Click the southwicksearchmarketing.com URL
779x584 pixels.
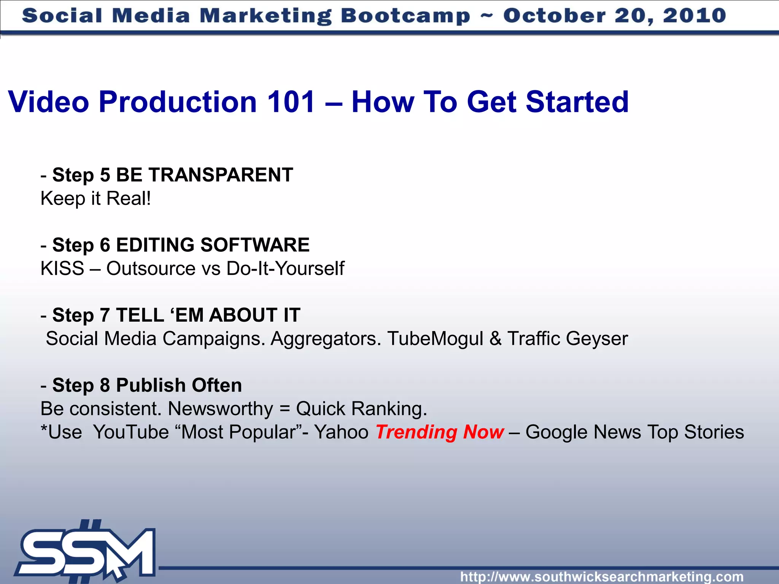click(602, 576)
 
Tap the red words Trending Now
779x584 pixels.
click(440, 432)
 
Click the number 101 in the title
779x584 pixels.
click(291, 102)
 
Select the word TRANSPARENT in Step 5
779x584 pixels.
click(221, 175)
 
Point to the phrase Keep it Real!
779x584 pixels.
click(96, 198)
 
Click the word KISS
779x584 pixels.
click(62, 268)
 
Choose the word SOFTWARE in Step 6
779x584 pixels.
click(255, 245)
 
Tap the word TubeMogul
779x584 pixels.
click(435, 338)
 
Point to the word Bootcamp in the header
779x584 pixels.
click(405, 16)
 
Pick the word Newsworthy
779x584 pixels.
click(220, 409)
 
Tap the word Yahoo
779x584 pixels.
click(341, 432)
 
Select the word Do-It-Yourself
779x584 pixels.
click(285, 268)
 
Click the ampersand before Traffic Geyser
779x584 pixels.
click(495, 338)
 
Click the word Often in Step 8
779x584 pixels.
click(217, 385)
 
